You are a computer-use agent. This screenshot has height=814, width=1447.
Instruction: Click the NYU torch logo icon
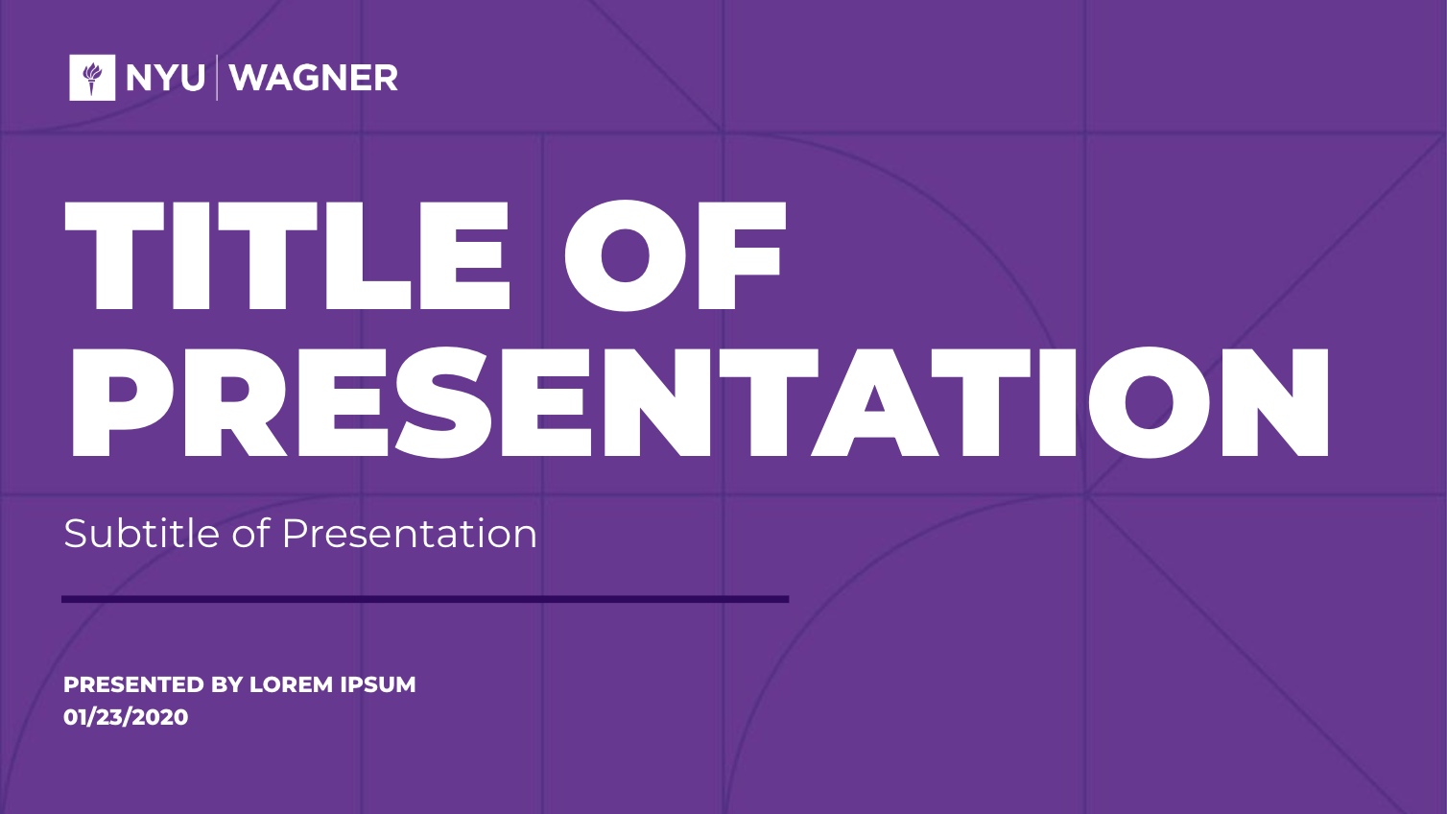click(x=92, y=78)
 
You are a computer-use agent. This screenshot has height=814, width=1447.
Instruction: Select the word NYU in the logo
click(x=165, y=78)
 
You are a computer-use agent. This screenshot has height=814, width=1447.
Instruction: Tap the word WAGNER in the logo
click(x=314, y=78)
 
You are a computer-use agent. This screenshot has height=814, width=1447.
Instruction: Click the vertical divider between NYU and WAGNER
click(x=217, y=78)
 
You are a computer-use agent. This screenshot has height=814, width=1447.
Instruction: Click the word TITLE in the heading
click(x=288, y=256)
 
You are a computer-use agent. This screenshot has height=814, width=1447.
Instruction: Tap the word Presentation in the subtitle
click(x=409, y=534)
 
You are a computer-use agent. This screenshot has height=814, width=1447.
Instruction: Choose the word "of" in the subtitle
click(x=250, y=534)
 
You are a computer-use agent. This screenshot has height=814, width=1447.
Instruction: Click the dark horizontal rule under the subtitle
click(x=425, y=600)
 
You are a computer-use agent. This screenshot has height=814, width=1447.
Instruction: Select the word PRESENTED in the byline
click(x=133, y=684)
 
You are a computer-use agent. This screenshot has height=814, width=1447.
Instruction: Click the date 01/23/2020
click(x=126, y=717)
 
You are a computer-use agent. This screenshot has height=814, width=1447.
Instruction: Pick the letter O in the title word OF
click(x=625, y=256)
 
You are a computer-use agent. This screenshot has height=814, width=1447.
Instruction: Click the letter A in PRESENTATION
click(x=875, y=402)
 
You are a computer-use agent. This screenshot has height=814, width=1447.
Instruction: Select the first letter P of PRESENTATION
click(x=123, y=402)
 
